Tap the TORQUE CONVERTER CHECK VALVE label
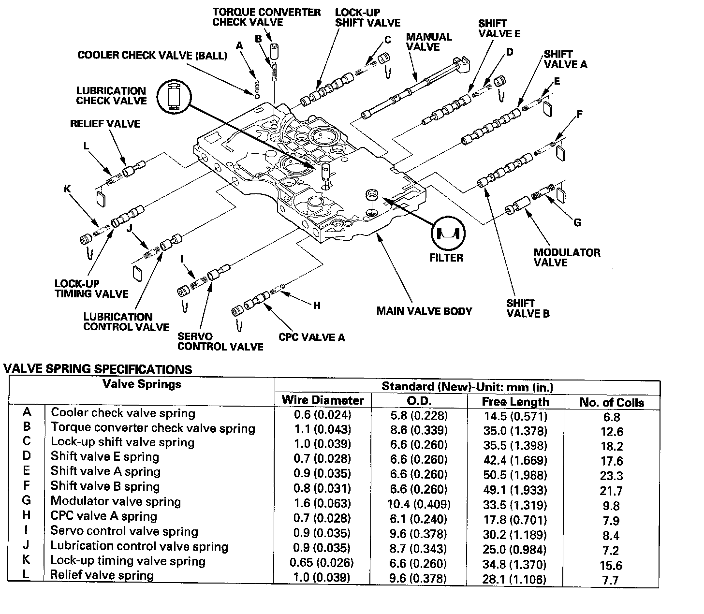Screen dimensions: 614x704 click(266, 17)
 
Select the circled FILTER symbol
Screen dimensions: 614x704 click(447, 234)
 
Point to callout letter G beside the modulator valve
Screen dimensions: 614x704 click(577, 223)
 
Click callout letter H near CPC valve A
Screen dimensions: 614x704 click(317, 306)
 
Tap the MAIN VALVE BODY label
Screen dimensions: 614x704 click(424, 311)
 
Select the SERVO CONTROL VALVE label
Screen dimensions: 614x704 click(220, 341)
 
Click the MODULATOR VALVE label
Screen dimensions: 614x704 click(567, 257)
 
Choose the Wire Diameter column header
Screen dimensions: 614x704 click(323, 400)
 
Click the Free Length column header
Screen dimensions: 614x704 click(515, 402)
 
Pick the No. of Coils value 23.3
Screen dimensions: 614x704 click(611, 476)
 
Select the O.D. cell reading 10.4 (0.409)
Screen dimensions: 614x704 click(419, 505)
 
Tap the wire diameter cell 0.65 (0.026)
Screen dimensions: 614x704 click(322, 563)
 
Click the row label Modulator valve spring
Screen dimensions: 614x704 click(116, 501)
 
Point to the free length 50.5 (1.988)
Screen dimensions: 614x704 click(515, 475)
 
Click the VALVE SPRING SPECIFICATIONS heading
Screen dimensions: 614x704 click(98, 369)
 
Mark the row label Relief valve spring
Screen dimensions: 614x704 click(102, 575)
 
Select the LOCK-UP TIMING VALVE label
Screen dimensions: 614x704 click(91, 289)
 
